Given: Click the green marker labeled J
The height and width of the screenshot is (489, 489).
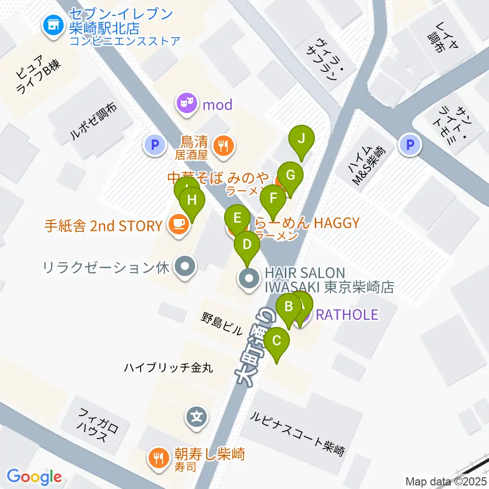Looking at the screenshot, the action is (x=302, y=139).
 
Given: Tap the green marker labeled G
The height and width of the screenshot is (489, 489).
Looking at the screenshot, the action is (x=290, y=175).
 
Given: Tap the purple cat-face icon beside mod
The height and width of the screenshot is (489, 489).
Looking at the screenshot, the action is (x=186, y=105).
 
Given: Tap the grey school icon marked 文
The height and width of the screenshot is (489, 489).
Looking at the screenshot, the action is (x=197, y=418).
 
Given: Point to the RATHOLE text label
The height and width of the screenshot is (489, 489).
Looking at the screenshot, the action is (x=347, y=315).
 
